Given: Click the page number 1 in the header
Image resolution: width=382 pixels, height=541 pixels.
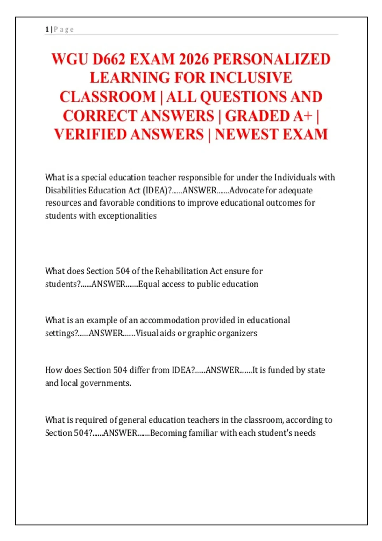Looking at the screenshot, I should pyautogui.click(x=47, y=30).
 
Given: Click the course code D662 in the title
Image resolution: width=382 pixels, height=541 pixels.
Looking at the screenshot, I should pyautogui.click(x=108, y=60).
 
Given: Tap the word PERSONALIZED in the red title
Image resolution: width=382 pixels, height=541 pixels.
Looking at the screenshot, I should pyautogui.click(x=272, y=60).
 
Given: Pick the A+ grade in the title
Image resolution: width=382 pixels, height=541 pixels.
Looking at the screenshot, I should pyautogui.click(x=303, y=116).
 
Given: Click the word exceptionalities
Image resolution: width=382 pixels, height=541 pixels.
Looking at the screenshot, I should pyautogui.click(x=127, y=216).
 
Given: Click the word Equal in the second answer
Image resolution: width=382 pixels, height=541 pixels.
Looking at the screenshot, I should pyautogui.click(x=149, y=284).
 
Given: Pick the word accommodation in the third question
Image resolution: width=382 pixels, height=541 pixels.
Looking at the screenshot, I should pyautogui.click(x=169, y=320).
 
